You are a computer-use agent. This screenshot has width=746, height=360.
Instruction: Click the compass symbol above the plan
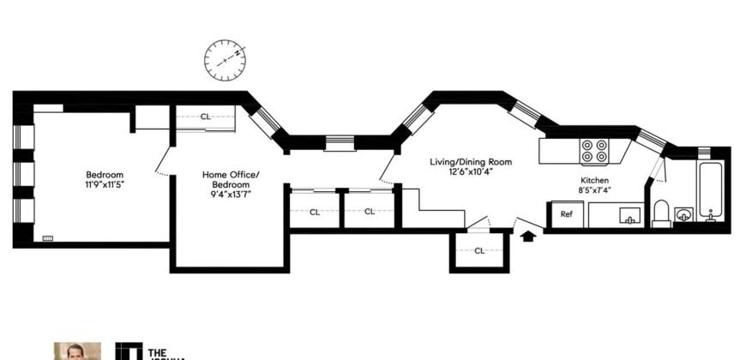tap(225, 59)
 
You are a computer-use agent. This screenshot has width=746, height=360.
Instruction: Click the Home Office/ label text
tap(230, 175)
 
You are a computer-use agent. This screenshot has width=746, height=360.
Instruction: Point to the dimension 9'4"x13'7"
tap(230, 194)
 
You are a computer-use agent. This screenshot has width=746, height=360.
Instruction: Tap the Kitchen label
tap(594, 181)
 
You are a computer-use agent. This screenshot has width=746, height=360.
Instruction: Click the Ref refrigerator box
tap(567, 214)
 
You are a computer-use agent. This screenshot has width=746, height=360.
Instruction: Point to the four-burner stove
tap(595, 152)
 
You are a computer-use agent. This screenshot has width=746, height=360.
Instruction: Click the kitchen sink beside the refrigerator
tap(628, 215)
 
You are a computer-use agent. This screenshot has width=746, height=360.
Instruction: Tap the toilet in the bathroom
tap(661, 213)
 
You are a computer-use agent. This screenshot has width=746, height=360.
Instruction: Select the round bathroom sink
tap(683, 213)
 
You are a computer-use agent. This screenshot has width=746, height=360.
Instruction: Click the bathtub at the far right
tap(711, 190)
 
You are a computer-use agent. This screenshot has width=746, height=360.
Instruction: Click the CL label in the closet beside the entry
tap(479, 250)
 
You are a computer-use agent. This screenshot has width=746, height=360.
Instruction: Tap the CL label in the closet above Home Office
tap(206, 117)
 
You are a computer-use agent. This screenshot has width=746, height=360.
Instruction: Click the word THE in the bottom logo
tap(158, 351)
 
